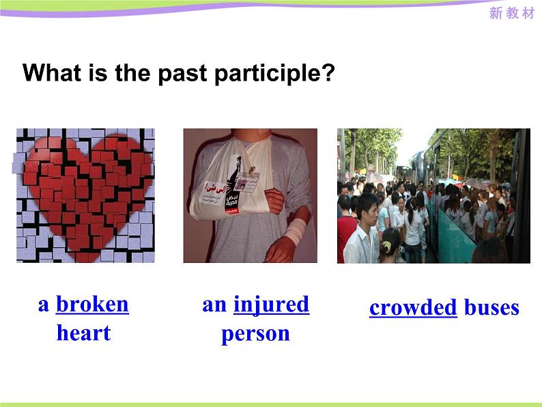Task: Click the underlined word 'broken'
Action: (x=92, y=304)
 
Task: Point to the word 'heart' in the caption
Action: (x=83, y=333)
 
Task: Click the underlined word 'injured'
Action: (x=271, y=304)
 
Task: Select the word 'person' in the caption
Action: (x=255, y=334)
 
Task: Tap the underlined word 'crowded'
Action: (x=413, y=307)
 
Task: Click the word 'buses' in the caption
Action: (x=491, y=307)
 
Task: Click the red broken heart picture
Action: (x=85, y=195)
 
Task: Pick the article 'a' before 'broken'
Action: (x=44, y=305)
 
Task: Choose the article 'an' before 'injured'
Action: (x=214, y=305)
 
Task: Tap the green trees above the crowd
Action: (x=372, y=147)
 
